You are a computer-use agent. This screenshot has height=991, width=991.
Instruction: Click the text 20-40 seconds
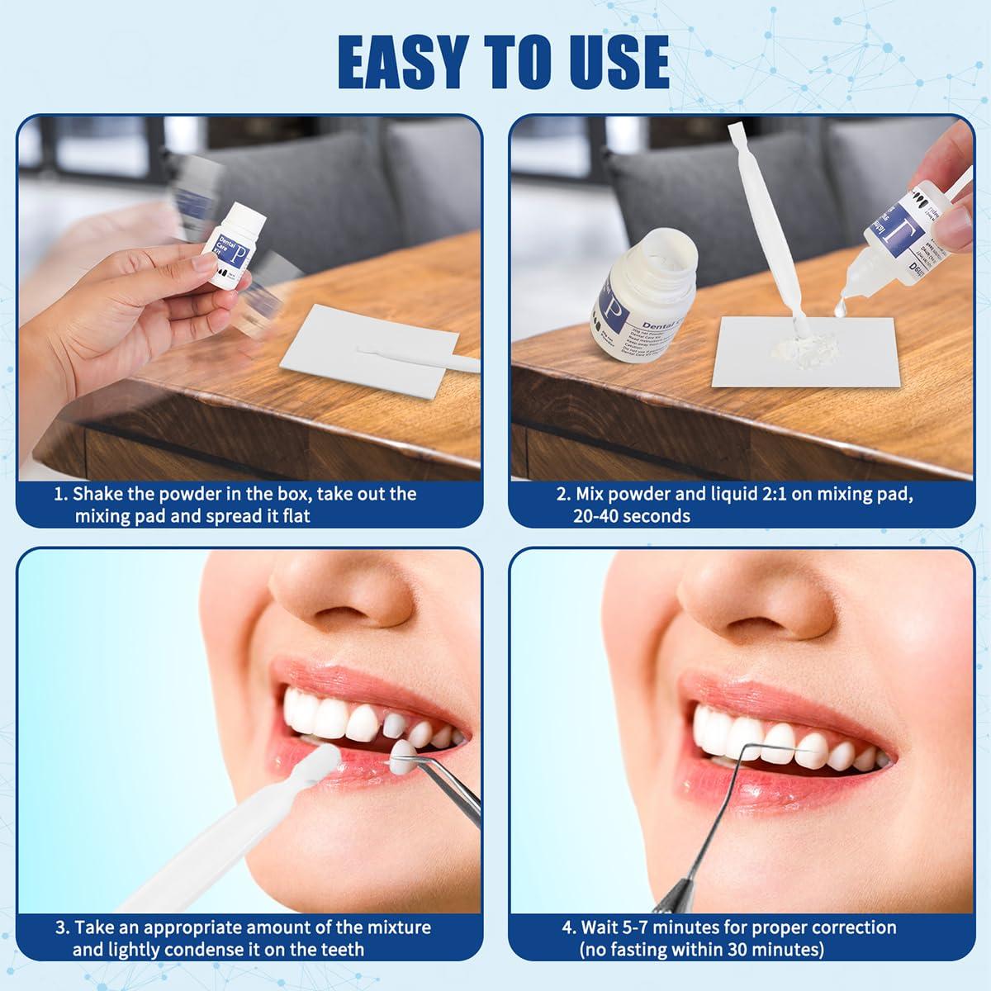point(632,516)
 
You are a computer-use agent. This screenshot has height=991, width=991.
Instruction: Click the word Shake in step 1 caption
point(98,495)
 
